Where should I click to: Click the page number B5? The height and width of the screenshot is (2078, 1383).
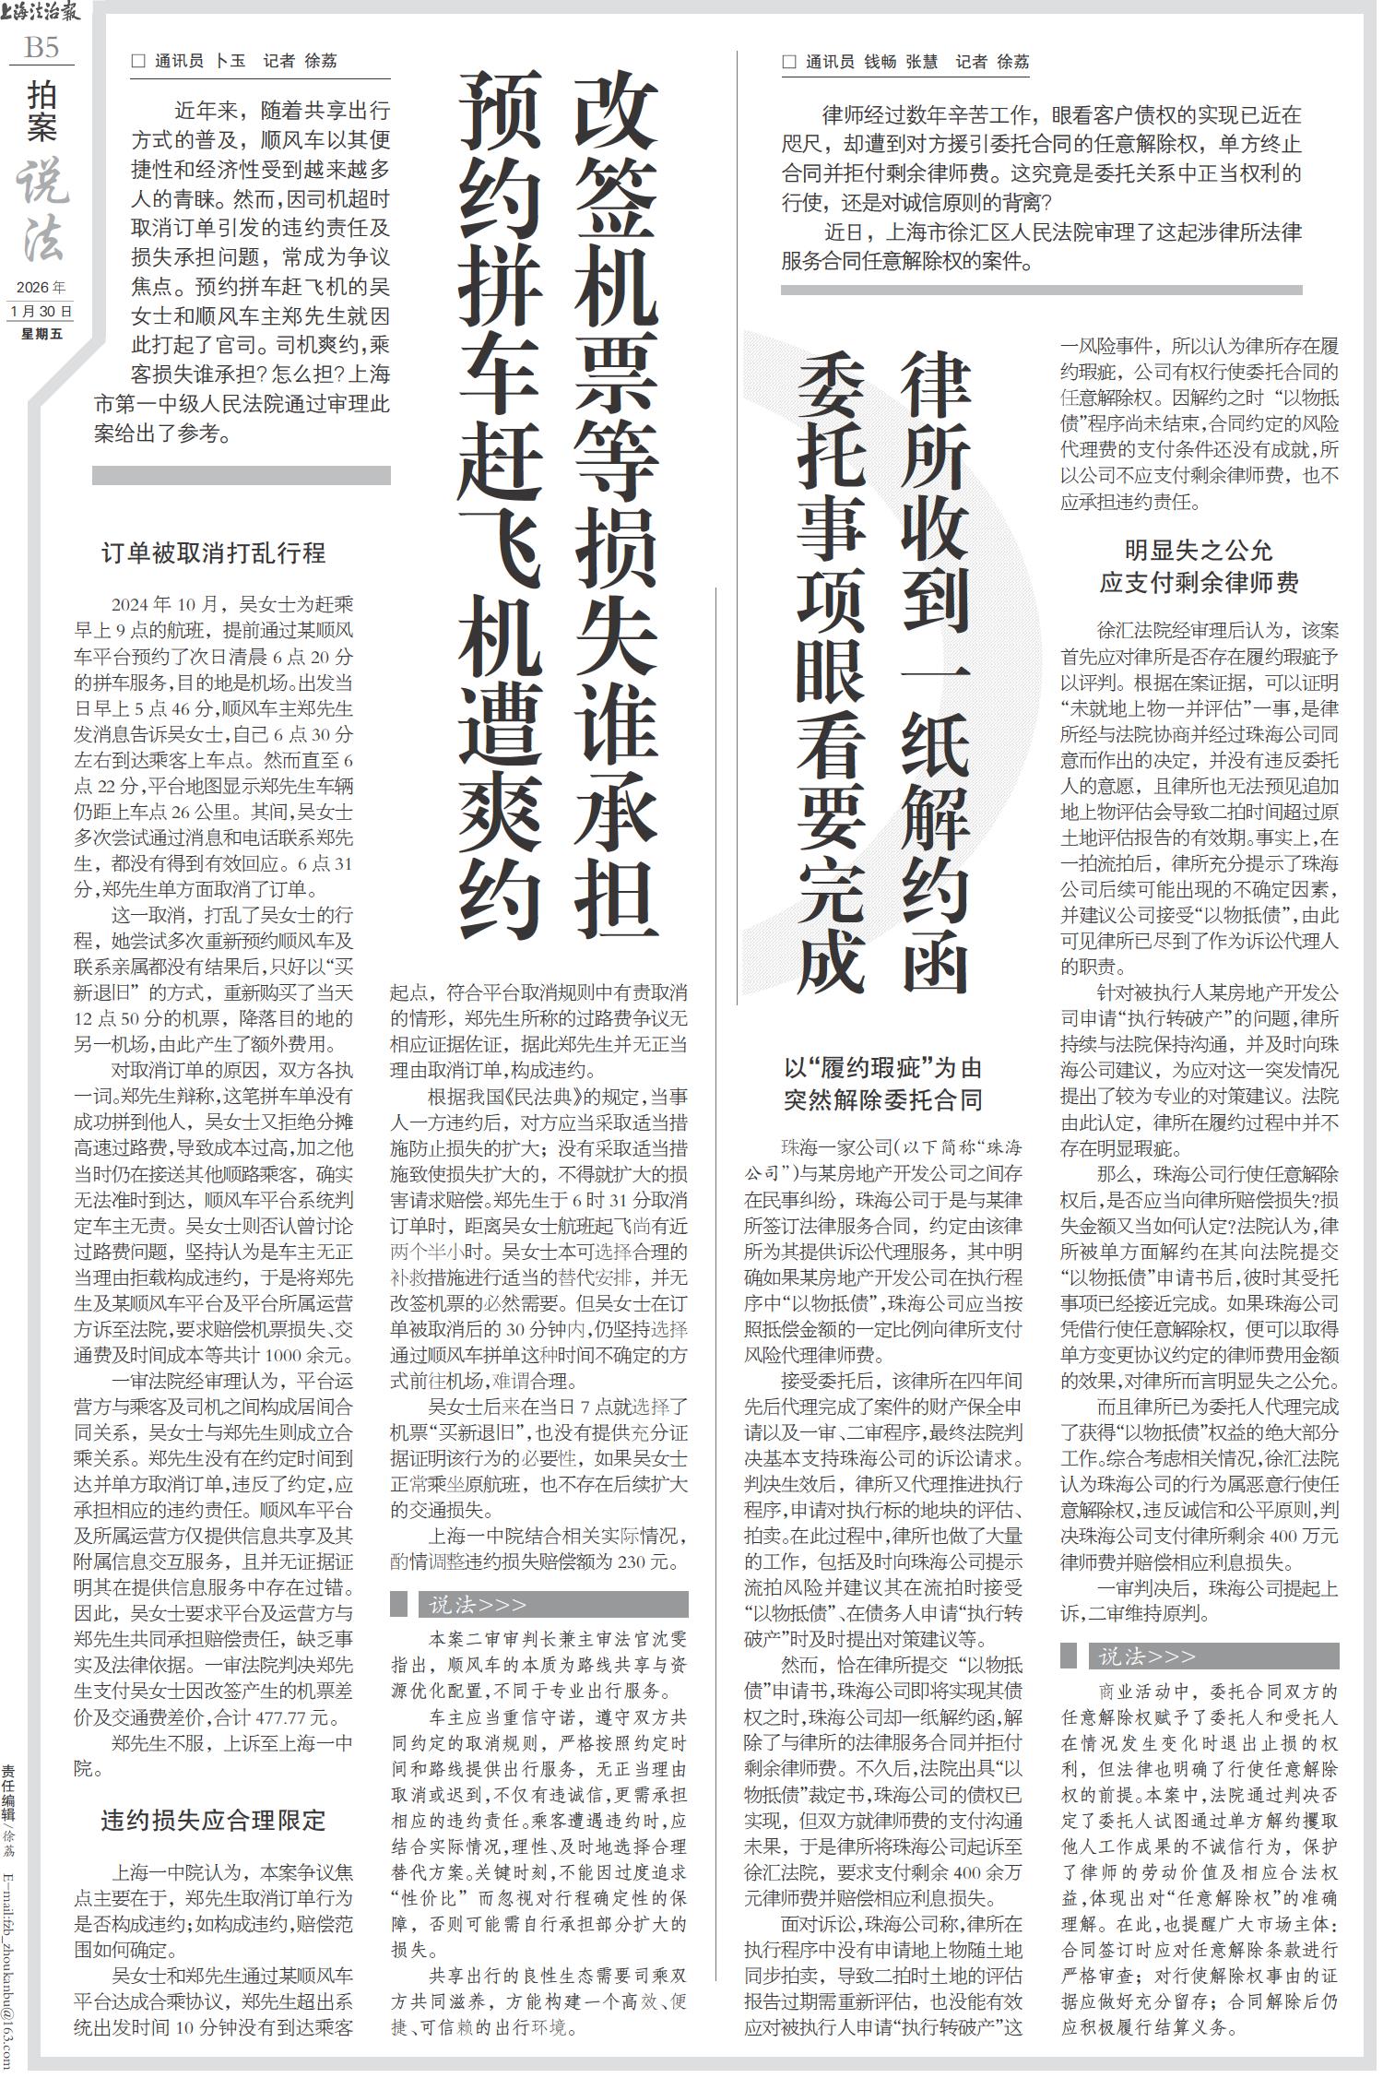41,47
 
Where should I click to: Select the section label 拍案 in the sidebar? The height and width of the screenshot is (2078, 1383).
42,112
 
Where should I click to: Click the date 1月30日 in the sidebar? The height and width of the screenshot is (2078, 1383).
41,311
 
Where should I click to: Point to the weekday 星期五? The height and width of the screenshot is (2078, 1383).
41,333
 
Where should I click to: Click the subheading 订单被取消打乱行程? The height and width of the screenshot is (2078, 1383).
213,552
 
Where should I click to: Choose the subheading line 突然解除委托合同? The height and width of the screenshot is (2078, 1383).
882,1099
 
